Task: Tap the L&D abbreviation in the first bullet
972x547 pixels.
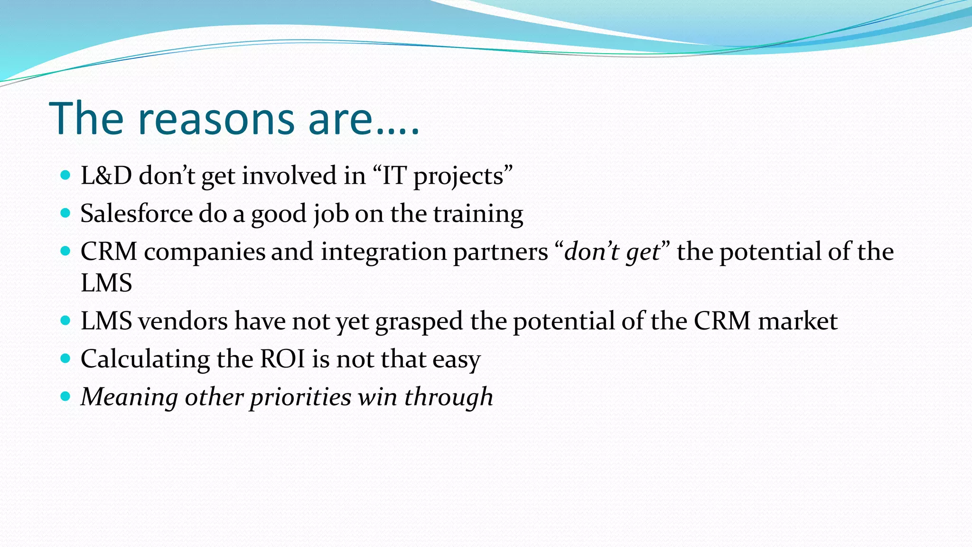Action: [106, 176]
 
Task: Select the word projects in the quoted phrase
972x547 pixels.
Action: [458, 177]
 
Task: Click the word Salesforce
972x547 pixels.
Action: [136, 214]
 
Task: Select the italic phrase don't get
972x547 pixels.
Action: [612, 252]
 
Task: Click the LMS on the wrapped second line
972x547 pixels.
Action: [106, 283]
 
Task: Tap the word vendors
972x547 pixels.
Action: [183, 321]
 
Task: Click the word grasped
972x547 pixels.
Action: [419, 322]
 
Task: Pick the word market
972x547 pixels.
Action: [797, 321]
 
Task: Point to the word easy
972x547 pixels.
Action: [456, 360]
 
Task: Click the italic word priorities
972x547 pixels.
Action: [301, 397]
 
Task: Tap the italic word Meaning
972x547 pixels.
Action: [129, 397]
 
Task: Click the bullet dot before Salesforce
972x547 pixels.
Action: [66, 213]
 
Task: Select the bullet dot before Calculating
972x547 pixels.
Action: [66, 358]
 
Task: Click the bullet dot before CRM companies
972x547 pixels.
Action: [66, 251]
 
